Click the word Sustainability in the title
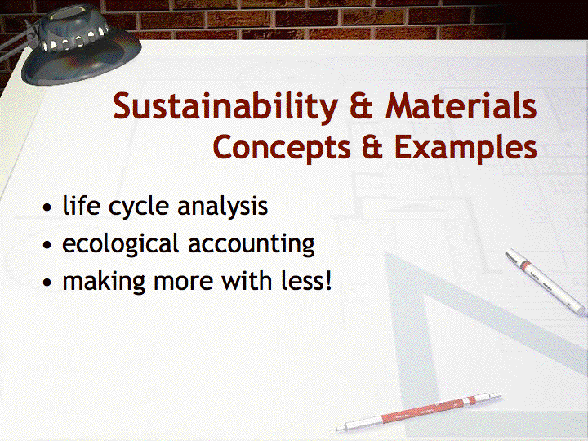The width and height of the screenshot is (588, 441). coord(225,108)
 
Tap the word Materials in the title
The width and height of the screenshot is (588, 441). coord(461,105)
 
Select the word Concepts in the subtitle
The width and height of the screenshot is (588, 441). coord(282,148)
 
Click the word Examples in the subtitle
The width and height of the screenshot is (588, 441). coord(465,148)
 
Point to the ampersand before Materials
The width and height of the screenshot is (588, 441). coord(362,106)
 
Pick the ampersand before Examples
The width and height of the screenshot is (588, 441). coord(372,147)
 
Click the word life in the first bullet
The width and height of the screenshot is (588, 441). coord(81,206)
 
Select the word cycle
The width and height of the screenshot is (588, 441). coord(138,207)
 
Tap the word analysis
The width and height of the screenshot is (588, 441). coord(223,207)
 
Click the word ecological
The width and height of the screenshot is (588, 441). coord(120,244)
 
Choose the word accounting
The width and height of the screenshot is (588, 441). coord(252,245)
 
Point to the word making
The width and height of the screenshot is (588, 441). coord(104,282)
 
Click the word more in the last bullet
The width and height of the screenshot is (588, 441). coord(184,283)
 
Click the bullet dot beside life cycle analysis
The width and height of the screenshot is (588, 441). coord(47,207)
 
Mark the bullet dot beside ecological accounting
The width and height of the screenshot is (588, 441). coord(47,245)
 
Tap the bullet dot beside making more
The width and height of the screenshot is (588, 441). coord(47,283)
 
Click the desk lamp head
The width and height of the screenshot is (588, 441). coord(81,45)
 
